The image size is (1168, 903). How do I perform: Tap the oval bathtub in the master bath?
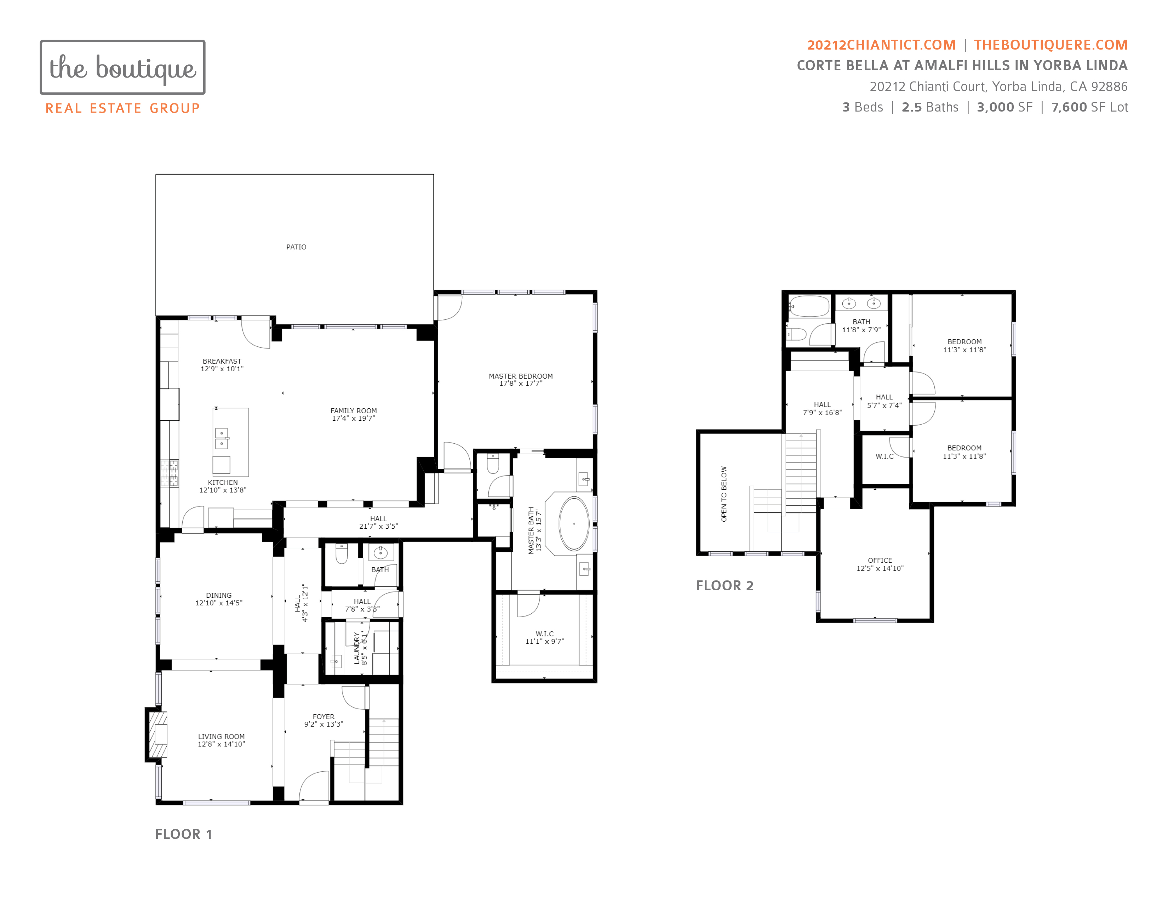[574, 524]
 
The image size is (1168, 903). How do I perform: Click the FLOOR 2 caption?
[724, 586]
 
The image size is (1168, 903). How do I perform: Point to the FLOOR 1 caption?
[183, 834]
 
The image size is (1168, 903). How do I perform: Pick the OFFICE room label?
[880, 561]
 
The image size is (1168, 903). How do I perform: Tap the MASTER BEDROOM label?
[520, 376]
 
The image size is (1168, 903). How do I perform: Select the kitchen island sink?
[222, 438]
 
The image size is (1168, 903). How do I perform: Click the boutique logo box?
[122, 67]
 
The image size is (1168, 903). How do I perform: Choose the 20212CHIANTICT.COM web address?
[881, 45]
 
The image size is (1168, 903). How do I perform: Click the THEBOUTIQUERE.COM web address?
[1050, 45]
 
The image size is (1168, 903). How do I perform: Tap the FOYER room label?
[323, 717]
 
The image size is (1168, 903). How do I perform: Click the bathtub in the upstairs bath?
[809, 307]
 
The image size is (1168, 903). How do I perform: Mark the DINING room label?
[219, 595]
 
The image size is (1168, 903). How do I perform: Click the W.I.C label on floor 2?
[884, 456]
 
